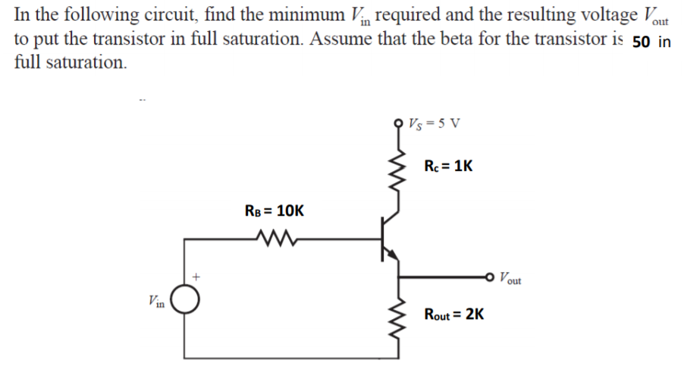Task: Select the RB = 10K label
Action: [x=274, y=210]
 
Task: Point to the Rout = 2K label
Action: [x=454, y=314]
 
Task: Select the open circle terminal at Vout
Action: [x=492, y=278]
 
